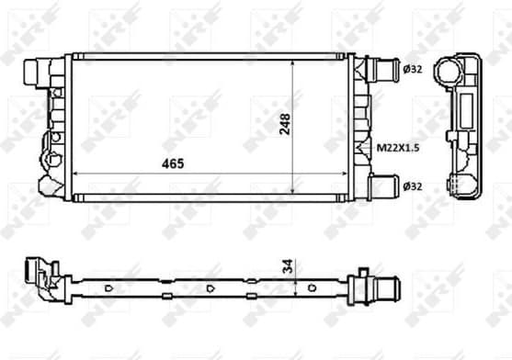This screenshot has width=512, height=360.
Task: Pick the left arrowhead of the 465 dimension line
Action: [x=75, y=174]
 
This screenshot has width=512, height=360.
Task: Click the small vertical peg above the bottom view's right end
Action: [x=364, y=272]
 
